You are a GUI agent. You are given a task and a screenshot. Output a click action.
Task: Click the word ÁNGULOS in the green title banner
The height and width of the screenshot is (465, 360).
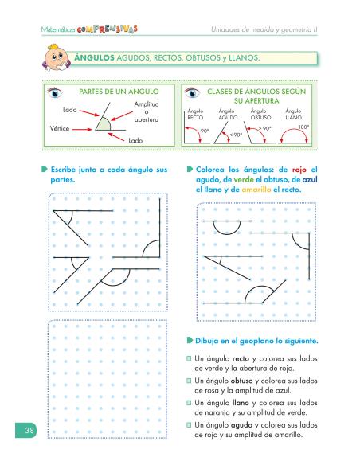click(x=96, y=59)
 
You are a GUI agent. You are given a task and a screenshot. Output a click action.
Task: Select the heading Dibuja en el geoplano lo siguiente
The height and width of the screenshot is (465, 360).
click(x=257, y=341)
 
